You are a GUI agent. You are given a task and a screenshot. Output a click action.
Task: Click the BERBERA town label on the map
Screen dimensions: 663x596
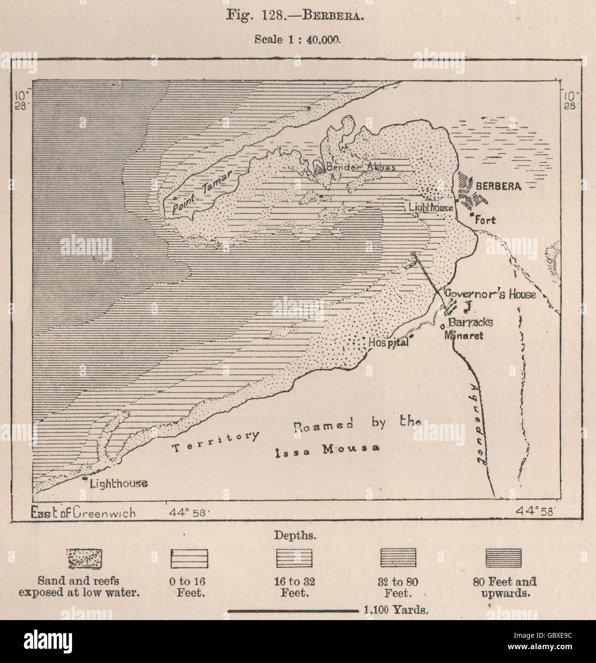coord(498,186)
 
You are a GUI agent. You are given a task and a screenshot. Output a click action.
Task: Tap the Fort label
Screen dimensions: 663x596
coord(485,220)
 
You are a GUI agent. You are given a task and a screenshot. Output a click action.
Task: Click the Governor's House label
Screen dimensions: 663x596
coord(490,294)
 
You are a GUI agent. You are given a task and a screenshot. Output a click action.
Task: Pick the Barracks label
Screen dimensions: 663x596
coord(470,322)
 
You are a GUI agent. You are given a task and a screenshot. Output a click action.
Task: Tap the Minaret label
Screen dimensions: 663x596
coord(463,335)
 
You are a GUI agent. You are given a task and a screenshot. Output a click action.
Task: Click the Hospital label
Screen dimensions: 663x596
coord(388,342)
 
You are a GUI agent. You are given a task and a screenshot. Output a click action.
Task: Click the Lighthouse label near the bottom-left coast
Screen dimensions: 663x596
coord(118,484)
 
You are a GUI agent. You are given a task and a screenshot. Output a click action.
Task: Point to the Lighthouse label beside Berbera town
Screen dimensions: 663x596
coord(430,207)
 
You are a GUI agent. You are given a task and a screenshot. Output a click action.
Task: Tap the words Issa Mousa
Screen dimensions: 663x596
coord(327,450)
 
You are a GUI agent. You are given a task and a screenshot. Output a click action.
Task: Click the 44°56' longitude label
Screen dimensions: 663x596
coord(189,513)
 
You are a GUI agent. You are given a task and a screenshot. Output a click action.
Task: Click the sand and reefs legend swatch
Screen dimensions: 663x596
coord(84,559)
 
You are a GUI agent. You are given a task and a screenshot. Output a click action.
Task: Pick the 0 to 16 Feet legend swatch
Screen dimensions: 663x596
coord(189,559)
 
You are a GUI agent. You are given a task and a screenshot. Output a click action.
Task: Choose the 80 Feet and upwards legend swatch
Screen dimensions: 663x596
coord(503,558)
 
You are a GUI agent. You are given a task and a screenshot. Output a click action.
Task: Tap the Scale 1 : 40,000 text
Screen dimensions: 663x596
coord(297,40)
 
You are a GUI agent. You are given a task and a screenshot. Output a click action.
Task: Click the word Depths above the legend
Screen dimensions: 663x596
coord(294,536)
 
